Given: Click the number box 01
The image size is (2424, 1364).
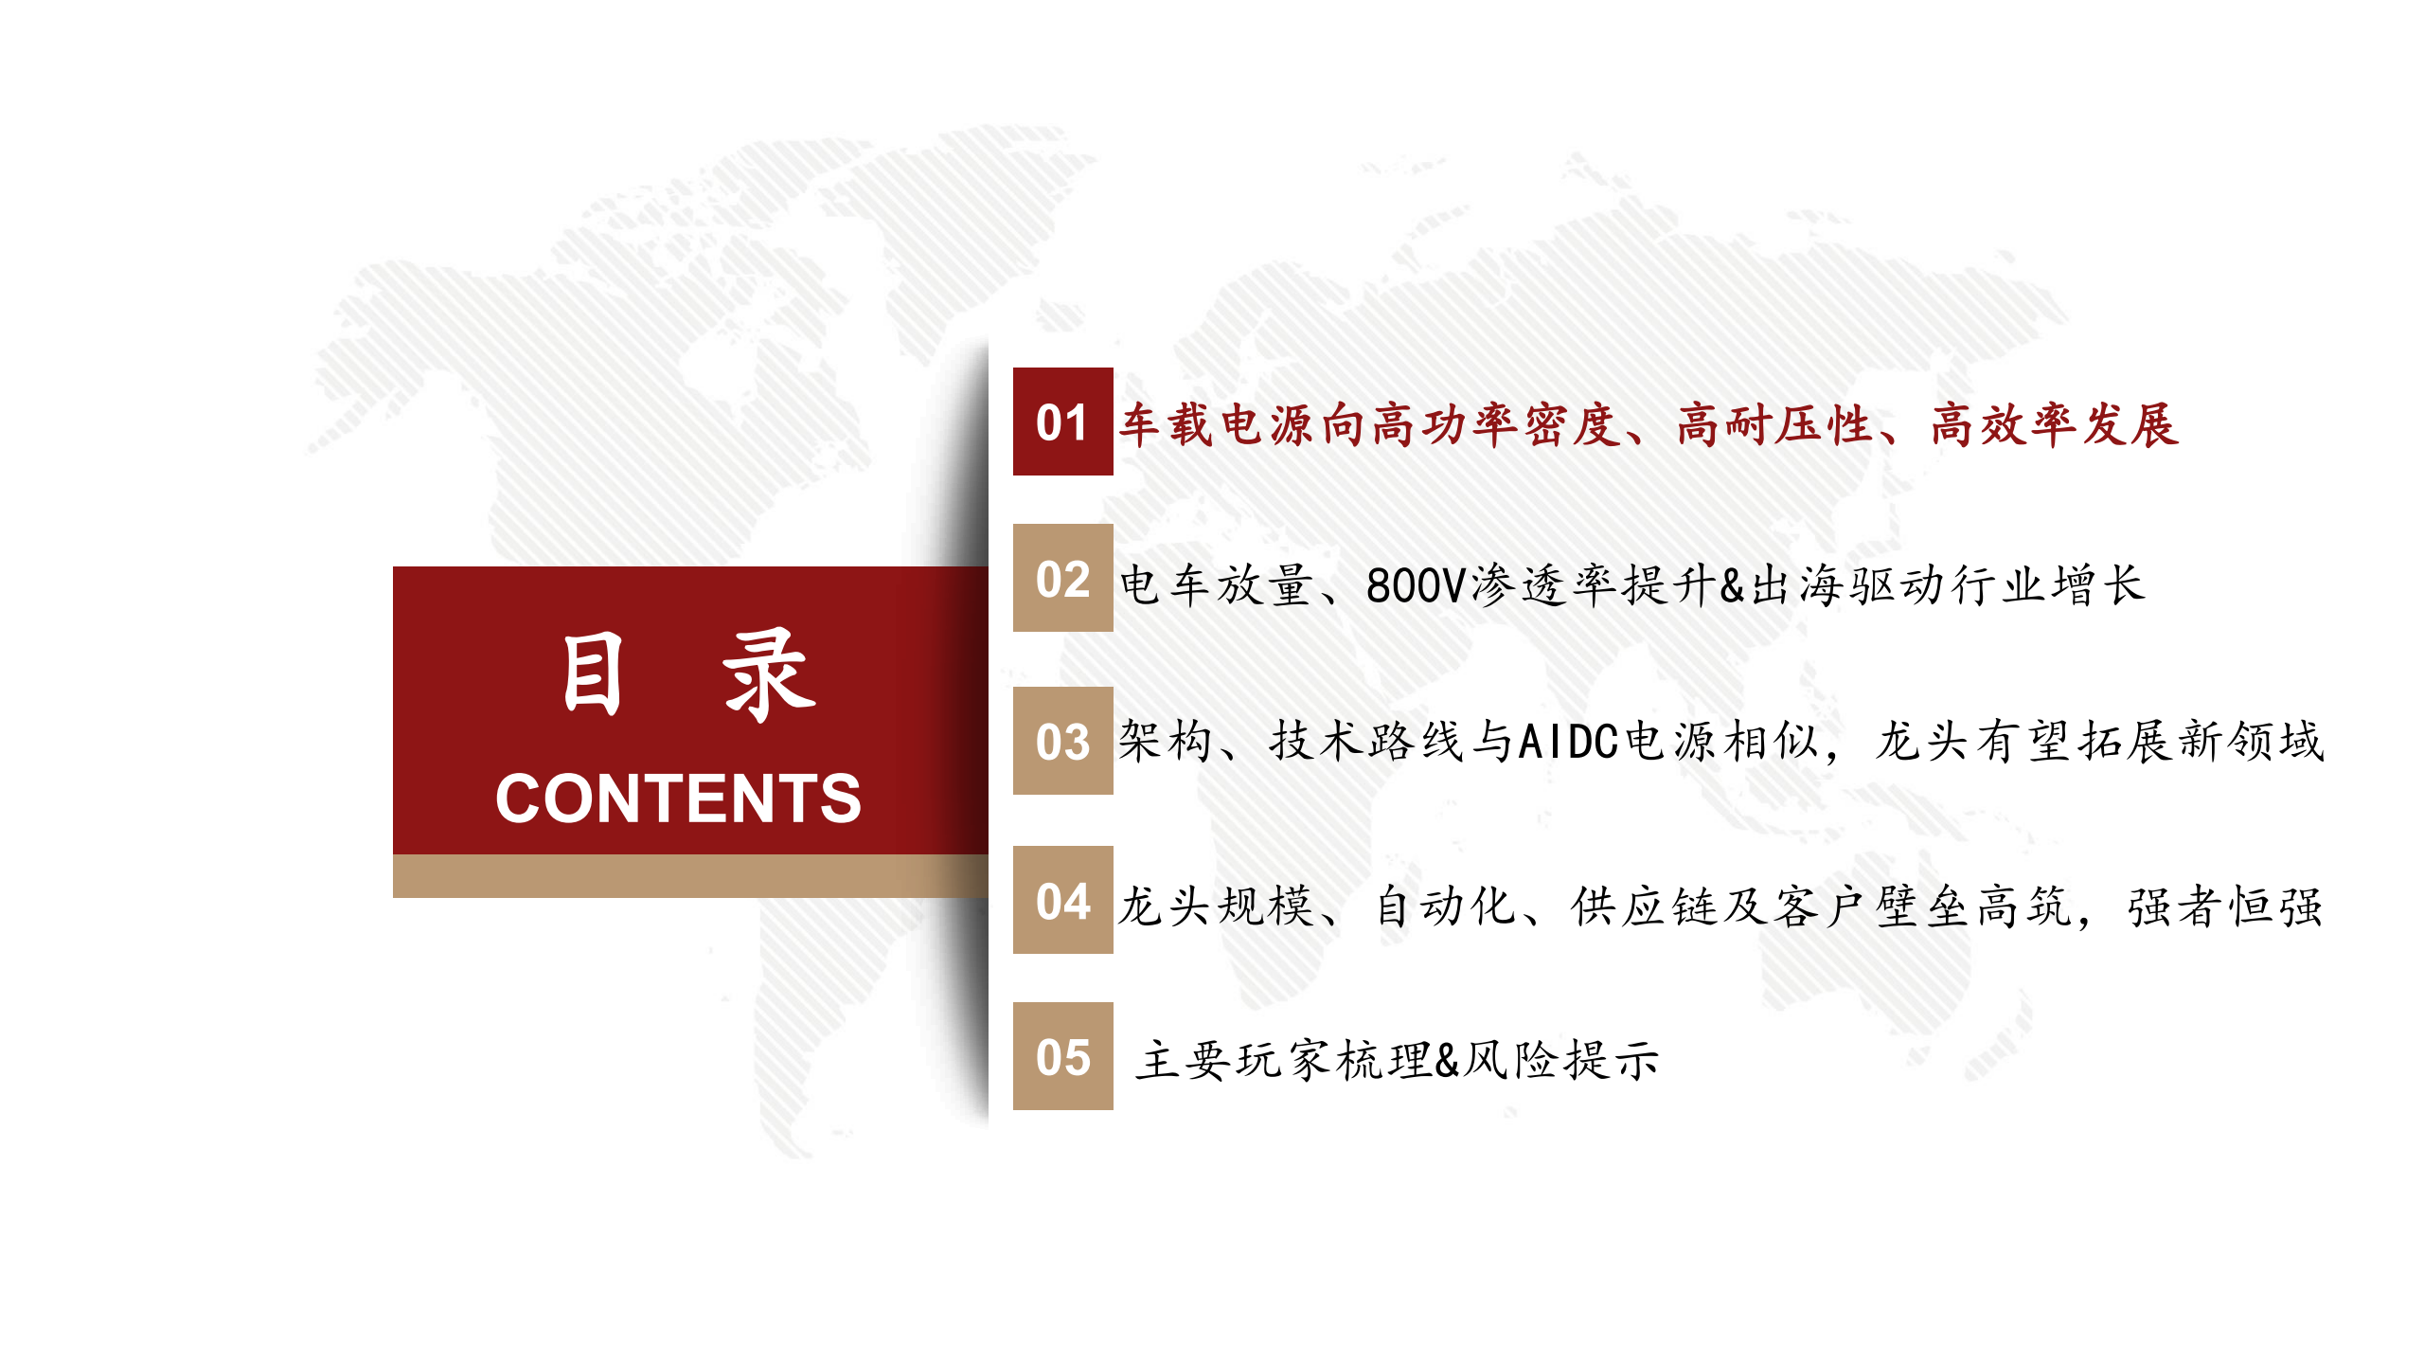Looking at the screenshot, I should pos(1062,422).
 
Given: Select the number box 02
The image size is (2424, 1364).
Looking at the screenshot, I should pos(1062,578).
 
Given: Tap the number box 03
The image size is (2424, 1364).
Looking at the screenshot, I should pos(1062,741).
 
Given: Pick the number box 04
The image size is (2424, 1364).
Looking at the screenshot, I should pos(1062,900).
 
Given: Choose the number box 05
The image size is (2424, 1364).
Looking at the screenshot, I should pos(1062,1056).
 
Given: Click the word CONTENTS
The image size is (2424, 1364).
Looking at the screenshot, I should pos(678,798).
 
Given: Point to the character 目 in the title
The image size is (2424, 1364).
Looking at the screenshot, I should pos(593,673).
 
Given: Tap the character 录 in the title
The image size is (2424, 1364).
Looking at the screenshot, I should pos(769,673).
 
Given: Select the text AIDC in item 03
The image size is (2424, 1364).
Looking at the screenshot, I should pos(1568,742).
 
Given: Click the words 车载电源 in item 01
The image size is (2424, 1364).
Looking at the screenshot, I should pos(1218,424).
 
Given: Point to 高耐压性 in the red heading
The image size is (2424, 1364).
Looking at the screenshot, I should pos(1774,424).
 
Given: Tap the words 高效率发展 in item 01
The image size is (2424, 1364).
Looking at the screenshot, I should pos(2055,424).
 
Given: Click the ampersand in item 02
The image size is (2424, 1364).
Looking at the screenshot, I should pos(1732,585).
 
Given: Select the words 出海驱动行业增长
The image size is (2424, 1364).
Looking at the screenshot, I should pos(1949,585).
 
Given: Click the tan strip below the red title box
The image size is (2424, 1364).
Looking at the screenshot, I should pos(689,876).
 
